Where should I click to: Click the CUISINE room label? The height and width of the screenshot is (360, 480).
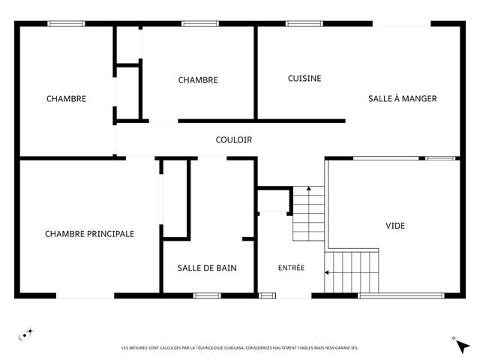coord(304,78)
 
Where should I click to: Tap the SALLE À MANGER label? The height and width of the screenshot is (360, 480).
coord(403,98)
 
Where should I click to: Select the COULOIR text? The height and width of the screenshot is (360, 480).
coord(234,140)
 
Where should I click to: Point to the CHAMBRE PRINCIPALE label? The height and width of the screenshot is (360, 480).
coord(89,234)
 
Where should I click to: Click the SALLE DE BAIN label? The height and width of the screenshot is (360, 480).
coord(207,268)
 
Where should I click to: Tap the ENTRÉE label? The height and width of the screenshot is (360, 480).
coord(292,268)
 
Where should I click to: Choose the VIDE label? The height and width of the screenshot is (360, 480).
coord(395,226)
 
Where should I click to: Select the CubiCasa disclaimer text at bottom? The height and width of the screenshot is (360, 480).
coord(240,348)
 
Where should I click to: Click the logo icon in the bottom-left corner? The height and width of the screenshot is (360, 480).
coord(26,334)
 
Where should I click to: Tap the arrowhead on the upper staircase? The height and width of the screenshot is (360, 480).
coord(309,188)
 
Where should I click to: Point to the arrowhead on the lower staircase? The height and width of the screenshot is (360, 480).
coord(327,272)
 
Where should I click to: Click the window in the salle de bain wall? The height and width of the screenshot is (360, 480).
coord(207,295)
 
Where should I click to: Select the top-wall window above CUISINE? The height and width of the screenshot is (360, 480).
coord(304,23)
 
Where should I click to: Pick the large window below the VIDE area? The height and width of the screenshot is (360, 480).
coord(401,295)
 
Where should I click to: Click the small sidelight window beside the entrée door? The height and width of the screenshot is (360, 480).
coord(267,295)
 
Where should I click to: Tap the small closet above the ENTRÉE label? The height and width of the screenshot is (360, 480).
coord(274,200)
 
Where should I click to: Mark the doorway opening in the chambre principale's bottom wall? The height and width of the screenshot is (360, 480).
coord(85,295)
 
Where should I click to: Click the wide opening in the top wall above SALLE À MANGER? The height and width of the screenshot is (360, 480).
coord(402,23)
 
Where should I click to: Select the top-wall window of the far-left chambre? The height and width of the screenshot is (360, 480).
coord(66,23)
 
